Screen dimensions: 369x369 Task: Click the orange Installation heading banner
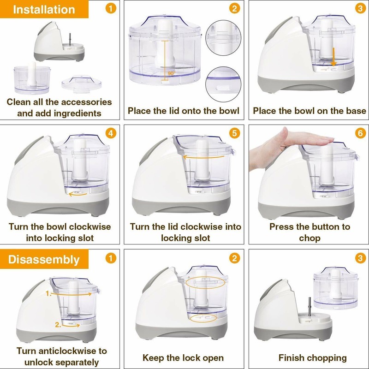pos(44,9)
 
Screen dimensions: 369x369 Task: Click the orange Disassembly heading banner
pos(44,259)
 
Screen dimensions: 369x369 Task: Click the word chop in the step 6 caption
pos(309,238)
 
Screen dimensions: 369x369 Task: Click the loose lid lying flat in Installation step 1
pos(82,83)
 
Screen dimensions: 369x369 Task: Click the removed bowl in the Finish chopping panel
pos(335,289)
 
